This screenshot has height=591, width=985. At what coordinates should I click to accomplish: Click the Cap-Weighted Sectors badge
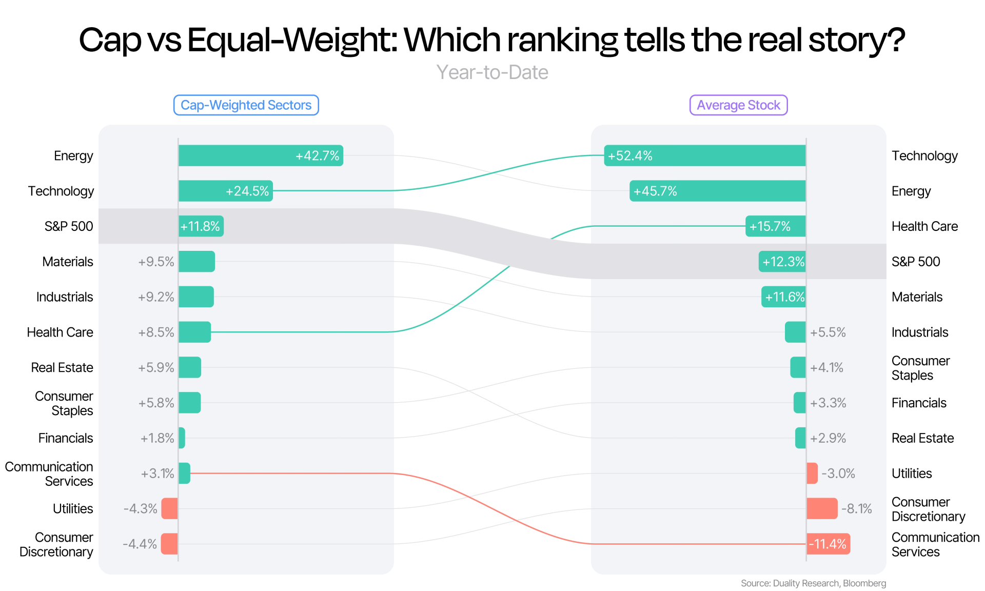pos(246,105)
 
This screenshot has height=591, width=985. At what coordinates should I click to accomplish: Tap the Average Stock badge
pos(738,105)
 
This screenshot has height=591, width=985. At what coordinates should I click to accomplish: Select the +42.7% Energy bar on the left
pos(261,155)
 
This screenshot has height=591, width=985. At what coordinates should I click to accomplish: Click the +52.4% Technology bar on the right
pos(705,155)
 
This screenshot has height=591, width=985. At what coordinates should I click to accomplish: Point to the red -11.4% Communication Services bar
pos(828,544)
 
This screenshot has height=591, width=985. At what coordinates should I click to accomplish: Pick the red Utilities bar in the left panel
pos(170,508)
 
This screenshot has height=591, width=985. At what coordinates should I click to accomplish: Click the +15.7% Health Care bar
pos(776,226)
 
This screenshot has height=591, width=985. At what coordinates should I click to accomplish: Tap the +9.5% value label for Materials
pos(156,262)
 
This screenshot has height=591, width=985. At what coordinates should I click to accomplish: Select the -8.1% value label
pos(857,508)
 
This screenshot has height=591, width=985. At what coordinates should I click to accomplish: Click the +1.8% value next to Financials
pos(157,438)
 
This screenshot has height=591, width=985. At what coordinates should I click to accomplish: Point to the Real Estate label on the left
pos(62,368)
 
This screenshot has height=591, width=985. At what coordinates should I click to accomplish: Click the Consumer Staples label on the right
pos(921,368)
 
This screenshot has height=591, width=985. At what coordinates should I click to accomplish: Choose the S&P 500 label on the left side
pos(69,226)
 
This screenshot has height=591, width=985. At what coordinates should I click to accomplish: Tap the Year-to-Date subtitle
pos(493,72)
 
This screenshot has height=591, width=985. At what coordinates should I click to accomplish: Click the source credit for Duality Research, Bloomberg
pos(814,583)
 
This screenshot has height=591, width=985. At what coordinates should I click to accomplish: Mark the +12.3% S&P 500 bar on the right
pos(782,262)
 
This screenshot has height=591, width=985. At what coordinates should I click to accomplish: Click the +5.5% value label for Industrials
pos(828,332)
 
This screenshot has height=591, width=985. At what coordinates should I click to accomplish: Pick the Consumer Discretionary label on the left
pos(56,544)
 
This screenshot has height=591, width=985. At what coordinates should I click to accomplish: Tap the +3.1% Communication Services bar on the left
pos(184,473)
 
